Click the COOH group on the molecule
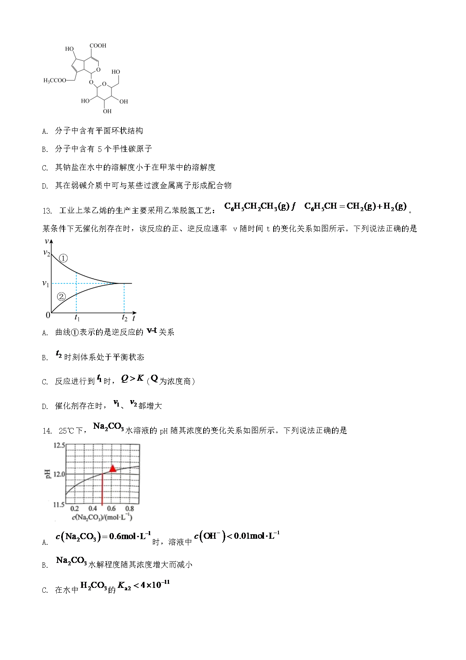(x=98, y=46)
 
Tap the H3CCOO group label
(x=55, y=81)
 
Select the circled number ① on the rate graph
(x=63, y=258)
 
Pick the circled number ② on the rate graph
(x=61, y=297)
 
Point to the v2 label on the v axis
(x=47, y=253)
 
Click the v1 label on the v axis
(x=46, y=284)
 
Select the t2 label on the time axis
(x=124, y=318)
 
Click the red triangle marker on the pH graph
(x=113, y=468)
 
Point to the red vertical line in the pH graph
(x=102, y=489)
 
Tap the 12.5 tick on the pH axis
(x=59, y=445)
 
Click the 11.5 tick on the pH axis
(x=59, y=504)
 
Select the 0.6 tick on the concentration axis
(x=111, y=509)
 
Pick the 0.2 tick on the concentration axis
(x=74, y=509)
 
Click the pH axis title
(x=48, y=474)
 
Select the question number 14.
(x=47, y=431)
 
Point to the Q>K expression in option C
(x=132, y=379)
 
